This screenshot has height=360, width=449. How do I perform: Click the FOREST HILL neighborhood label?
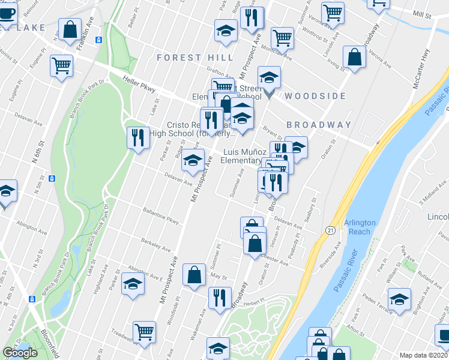click(195, 58)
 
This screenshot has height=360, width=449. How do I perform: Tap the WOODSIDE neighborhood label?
click(315, 96)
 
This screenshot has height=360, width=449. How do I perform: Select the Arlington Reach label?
click(360, 227)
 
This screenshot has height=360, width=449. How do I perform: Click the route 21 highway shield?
click(331, 230)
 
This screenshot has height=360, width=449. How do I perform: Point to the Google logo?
click(20, 353)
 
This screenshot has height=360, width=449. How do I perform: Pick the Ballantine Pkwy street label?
click(161, 217)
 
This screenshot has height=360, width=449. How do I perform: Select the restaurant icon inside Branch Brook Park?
click(137, 137)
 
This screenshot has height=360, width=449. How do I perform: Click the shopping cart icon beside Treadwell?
click(144, 332)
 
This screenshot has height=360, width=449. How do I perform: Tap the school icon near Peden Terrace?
click(399, 298)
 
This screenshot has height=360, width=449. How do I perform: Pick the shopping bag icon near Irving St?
click(355, 56)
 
